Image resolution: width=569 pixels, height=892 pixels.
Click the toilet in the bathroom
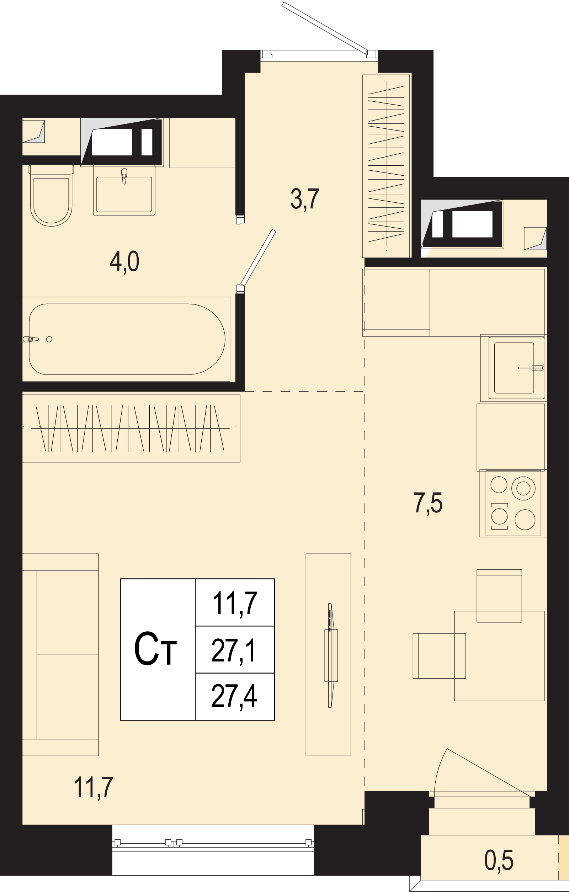pyautogui.click(x=51, y=195)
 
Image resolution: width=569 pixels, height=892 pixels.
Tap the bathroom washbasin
pyautogui.click(x=124, y=190)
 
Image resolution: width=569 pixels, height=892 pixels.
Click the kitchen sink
pyautogui.click(x=514, y=368)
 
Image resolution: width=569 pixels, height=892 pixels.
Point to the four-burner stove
pyautogui.click(x=513, y=503)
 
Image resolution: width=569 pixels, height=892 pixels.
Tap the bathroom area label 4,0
pyautogui.click(x=124, y=262)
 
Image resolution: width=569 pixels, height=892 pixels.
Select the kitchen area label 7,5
pyautogui.click(x=428, y=503)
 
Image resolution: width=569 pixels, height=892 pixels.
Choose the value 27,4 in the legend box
pyautogui.click(x=234, y=696)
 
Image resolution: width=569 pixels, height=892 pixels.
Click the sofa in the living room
pyautogui.click(x=60, y=654)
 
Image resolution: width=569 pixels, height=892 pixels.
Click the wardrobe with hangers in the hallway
pyautogui.click(x=386, y=166)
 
